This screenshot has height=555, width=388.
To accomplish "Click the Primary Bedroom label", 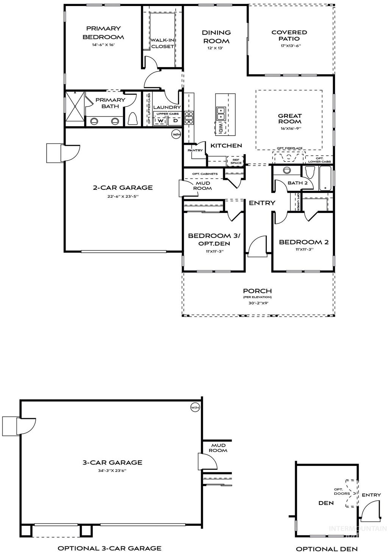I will pyautogui.click(x=103, y=33).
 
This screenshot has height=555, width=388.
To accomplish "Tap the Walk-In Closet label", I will pyautogui.click(x=162, y=43).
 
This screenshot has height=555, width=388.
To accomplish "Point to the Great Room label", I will pyautogui.click(x=290, y=119).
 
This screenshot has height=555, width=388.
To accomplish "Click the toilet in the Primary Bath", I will pyautogui.click(x=133, y=119).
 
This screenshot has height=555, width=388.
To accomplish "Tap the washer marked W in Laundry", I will pyautogui.click(x=161, y=120).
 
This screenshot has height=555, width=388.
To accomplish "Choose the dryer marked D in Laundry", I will pyautogui.click(x=175, y=120).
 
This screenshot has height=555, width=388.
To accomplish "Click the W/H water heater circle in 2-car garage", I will pyautogui.click(x=176, y=134).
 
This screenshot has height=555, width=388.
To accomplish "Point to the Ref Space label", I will pyautogui.click(x=236, y=161).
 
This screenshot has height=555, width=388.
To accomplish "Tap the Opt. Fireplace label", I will pyautogui.click(x=289, y=149).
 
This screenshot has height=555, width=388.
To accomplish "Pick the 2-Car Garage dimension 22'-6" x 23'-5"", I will pyautogui.click(x=123, y=196).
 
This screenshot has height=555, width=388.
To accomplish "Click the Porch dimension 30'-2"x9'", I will pyautogui.click(x=257, y=303).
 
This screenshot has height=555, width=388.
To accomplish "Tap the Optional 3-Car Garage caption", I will pyautogui.click(x=109, y=548).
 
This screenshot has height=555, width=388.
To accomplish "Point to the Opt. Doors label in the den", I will pyautogui.click(x=338, y=491).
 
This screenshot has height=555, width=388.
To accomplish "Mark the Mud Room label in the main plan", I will pyautogui.click(x=202, y=186).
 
